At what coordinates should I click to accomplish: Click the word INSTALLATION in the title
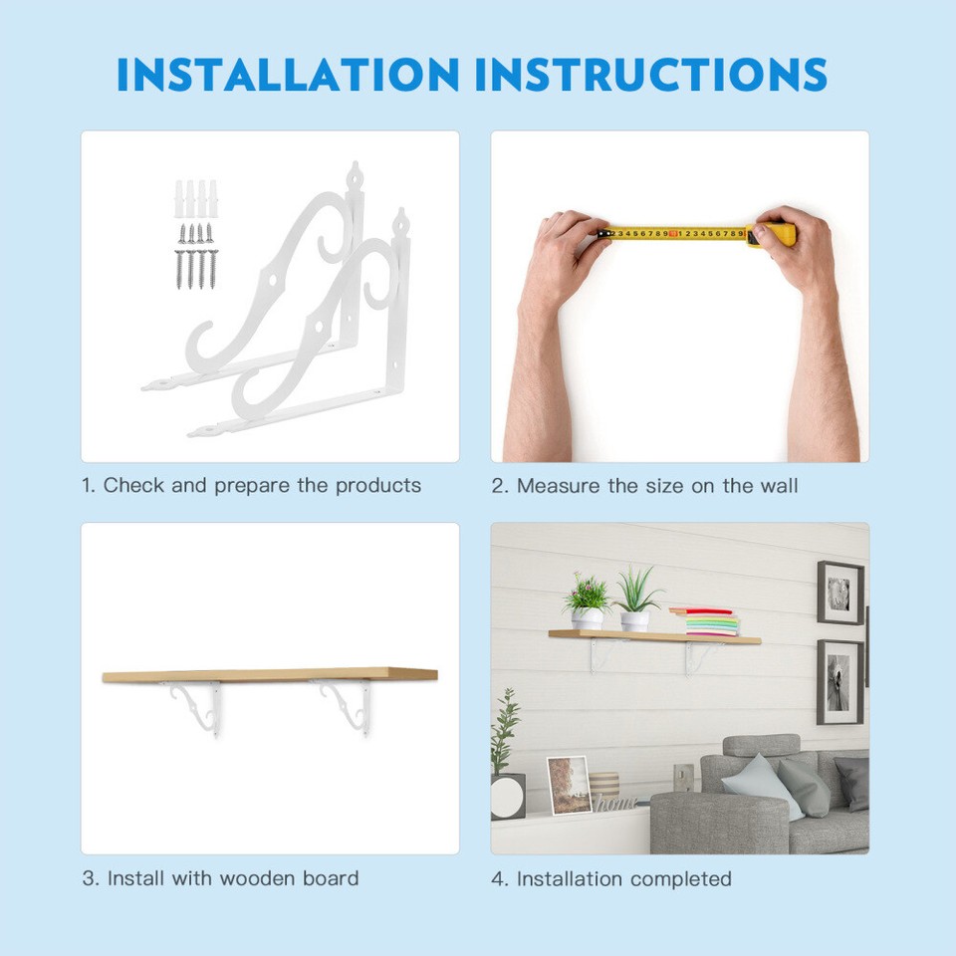pyautogui.click(x=288, y=75)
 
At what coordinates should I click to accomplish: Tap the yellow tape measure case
pyautogui.click(x=774, y=235)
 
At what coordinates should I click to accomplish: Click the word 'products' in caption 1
pyautogui.click(x=377, y=486)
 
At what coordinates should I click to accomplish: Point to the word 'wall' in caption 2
pyautogui.click(x=778, y=486)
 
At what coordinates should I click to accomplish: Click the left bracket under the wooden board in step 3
pyautogui.click(x=197, y=704)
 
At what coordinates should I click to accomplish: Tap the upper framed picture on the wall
pyautogui.click(x=839, y=593)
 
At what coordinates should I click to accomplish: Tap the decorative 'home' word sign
pyautogui.click(x=615, y=803)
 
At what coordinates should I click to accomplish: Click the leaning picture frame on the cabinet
pyautogui.click(x=570, y=785)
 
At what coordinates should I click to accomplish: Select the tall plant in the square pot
pyautogui.click(x=507, y=757)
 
